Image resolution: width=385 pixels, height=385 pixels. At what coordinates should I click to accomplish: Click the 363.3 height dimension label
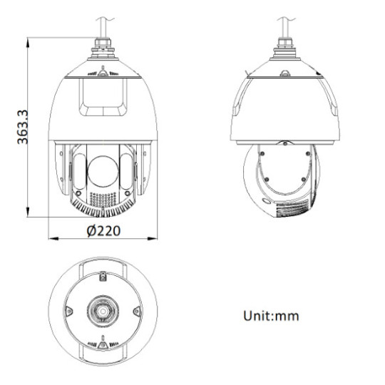tap(24, 126)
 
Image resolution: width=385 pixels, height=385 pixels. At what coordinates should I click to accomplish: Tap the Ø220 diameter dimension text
tap(103, 230)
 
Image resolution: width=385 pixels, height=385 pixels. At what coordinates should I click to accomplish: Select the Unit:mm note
tap(271, 315)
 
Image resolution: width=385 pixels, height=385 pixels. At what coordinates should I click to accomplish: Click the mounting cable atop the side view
tap(284, 29)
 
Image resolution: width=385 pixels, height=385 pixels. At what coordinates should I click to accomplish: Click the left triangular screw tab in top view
tap(69, 312)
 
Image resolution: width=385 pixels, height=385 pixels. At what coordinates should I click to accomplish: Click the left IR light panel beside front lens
tap(78, 171)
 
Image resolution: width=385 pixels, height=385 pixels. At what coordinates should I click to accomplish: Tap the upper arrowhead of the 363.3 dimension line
tap(28, 43)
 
